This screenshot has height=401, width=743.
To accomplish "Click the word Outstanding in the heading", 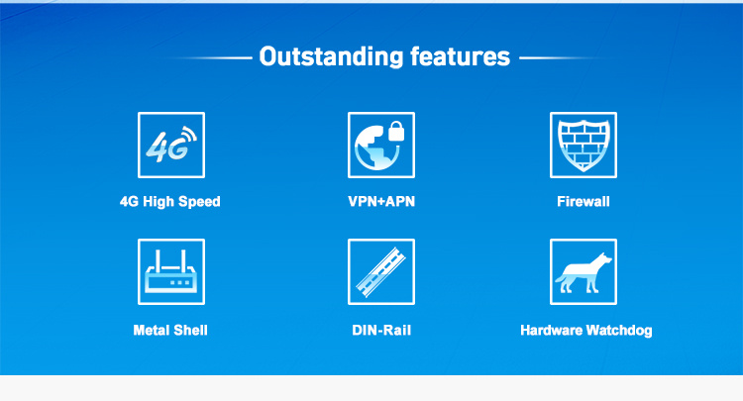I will click(331, 56).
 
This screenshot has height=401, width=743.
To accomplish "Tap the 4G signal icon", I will click(170, 145).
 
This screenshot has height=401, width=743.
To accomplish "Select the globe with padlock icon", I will click(381, 145).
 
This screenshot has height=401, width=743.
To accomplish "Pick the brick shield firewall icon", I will click(584, 145).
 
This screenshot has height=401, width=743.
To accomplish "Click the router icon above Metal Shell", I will click(170, 271).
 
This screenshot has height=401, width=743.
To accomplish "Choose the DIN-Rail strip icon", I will click(381, 271).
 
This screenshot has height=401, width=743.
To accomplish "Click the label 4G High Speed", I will click(170, 202).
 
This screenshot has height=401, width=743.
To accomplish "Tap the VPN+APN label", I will click(381, 202).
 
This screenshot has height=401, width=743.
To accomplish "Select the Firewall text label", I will click(584, 202).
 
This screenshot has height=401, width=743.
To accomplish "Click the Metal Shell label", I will click(170, 330).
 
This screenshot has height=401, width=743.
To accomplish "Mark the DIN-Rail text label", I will click(381, 330).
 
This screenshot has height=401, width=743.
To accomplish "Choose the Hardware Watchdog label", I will click(585, 330).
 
